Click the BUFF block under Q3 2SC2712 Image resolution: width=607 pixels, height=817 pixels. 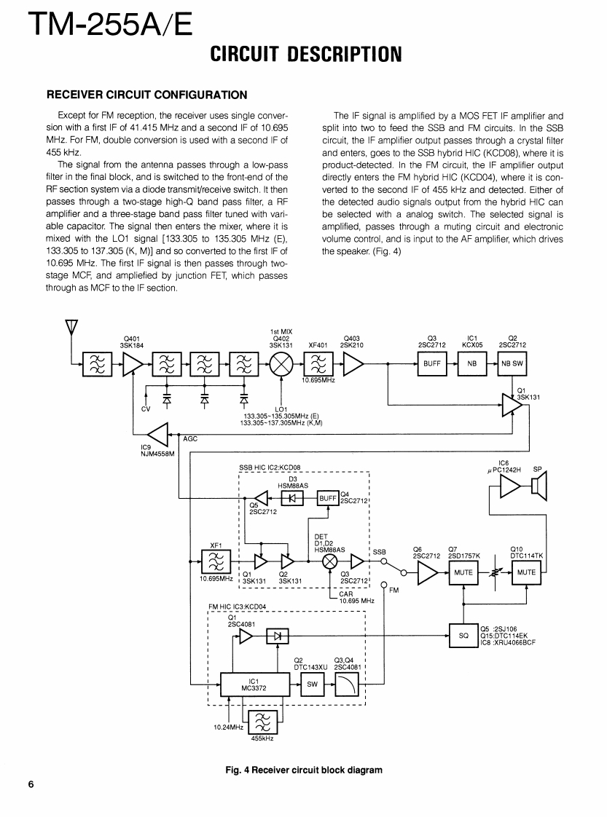pyautogui.click(x=431, y=363)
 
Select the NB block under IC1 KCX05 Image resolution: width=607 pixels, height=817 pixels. pyautogui.click(x=471, y=363)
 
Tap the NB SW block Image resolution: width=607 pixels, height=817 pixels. pyautogui.click(x=512, y=363)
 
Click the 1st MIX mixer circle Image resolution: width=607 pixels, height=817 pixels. pyautogui.click(x=281, y=363)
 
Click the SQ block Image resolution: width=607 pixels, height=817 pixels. pyautogui.click(x=463, y=635)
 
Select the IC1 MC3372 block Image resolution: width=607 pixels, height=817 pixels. pyautogui.click(x=250, y=684)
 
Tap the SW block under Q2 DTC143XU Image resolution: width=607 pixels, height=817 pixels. pyautogui.click(x=312, y=684)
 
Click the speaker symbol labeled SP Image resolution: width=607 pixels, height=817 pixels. pyautogui.click(x=539, y=487)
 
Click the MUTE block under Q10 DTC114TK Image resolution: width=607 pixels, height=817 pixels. pyautogui.click(x=526, y=572)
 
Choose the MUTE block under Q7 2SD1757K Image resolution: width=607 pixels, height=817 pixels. pyautogui.click(x=464, y=572)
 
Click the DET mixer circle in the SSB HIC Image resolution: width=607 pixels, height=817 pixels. pyautogui.click(x=330, y=561)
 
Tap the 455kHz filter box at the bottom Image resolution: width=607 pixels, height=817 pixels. pyautogui.click(x=260, y=723)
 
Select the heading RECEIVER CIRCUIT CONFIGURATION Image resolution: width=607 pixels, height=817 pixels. pyautogui.click(x=147, y=95)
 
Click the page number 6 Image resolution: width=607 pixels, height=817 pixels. pyautogui.click(x=31, y=784)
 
